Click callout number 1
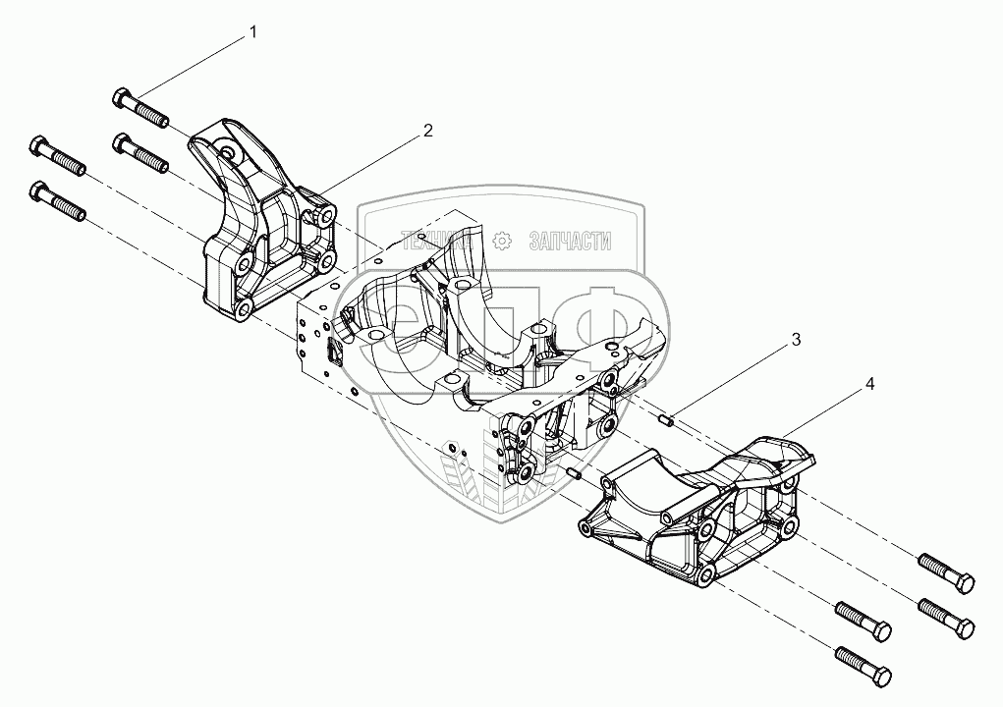point(253,32)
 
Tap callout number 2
point(427,130)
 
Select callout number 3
point(796,340)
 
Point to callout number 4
point(869,385)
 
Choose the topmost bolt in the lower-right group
point(946,572)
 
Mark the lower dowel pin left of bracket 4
point(576,475)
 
